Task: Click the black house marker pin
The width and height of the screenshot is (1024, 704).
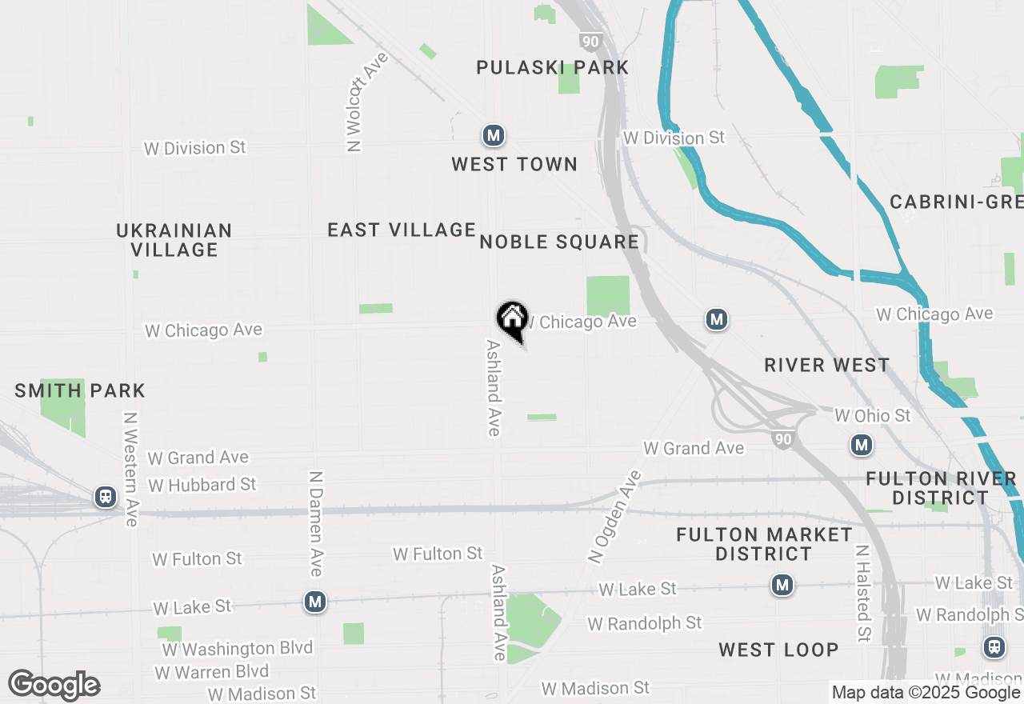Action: click(x=512, y=319)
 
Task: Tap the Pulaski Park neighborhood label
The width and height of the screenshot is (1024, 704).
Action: click(x=552, y=67)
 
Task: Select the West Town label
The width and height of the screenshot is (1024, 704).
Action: click(x=514, y=165)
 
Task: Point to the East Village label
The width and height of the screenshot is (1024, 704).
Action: click(x=402, y=230)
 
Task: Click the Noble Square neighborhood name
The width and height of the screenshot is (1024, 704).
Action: click(x=559, y=242)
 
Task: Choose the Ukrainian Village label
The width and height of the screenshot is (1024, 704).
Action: click(x=174, y=240)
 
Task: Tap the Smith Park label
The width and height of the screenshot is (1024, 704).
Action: click(x=80, y=391)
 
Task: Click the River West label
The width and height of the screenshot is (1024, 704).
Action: click(x=826, y=366)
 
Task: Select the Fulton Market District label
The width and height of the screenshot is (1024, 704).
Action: click(x=764, y=544)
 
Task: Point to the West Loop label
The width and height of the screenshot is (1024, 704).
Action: click(x=778, y=650)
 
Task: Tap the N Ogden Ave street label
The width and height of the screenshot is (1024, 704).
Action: click(x=614, y=517)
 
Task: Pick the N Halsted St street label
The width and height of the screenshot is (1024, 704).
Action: click(x=863, y=594)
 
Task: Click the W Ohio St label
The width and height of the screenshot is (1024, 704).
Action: click(x=872, y=416)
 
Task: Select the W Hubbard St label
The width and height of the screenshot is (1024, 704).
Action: click(x=202, y=485)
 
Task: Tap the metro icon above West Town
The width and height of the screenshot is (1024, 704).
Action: click(x=494, y=135)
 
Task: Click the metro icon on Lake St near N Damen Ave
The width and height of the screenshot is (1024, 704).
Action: click(x=315, y=602)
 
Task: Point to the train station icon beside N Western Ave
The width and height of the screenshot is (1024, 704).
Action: click(x=105, y=497)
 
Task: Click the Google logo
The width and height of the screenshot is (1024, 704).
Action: click(x=54, y=686)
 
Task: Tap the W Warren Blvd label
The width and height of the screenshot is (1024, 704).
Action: click(x=212, y=672)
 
